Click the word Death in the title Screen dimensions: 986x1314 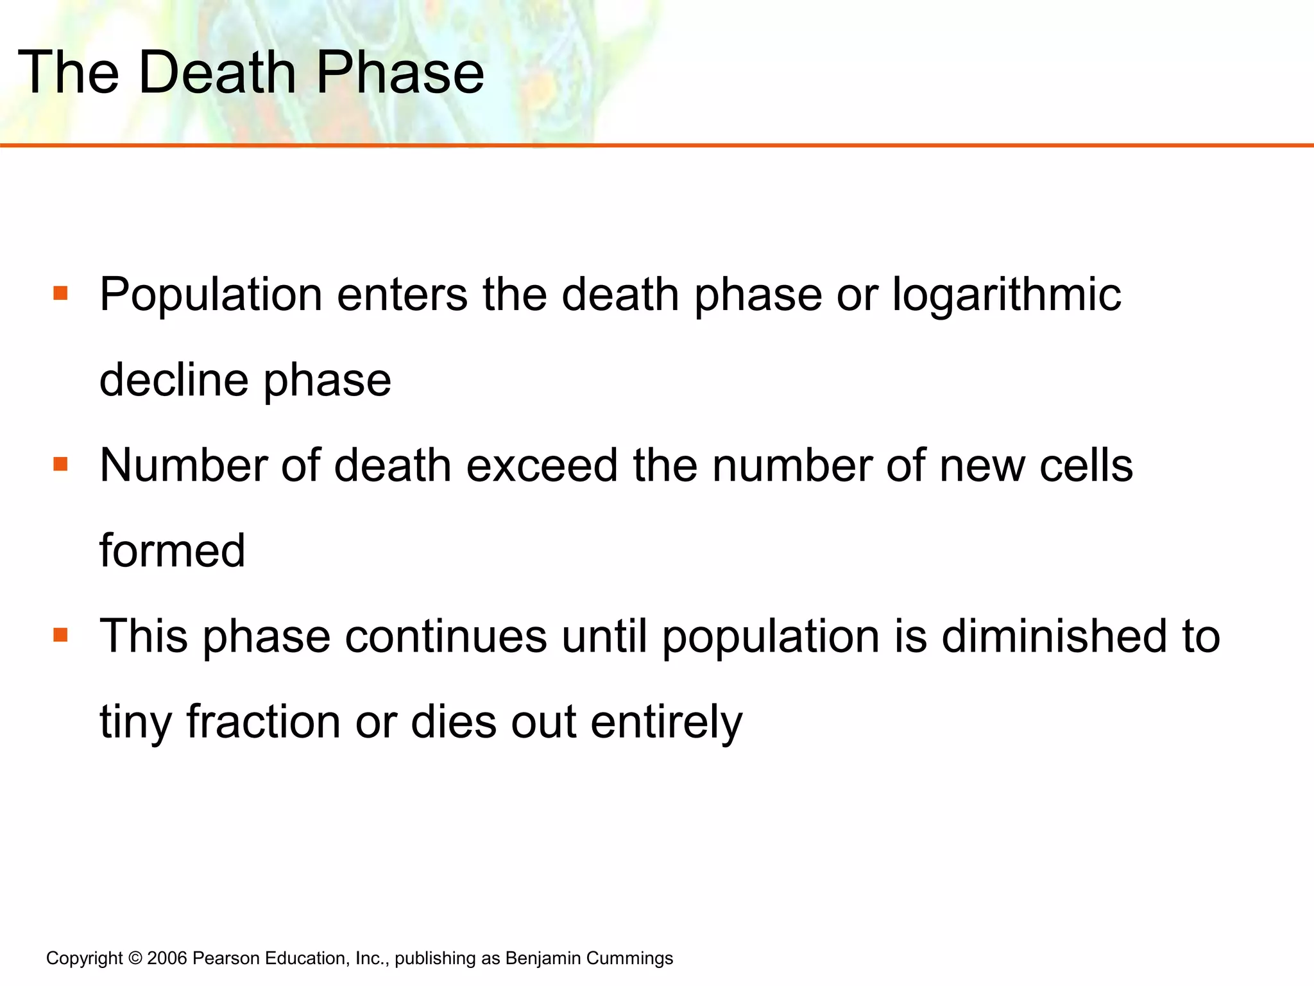click(x=217, y=72)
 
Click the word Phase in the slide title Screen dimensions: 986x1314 click(x=400, y=72)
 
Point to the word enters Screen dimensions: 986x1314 click(x=402, y=295)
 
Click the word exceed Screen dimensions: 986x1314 click(x=542, y=465)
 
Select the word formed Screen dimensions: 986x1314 click(x=173, y=551)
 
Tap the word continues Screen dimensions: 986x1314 click(x=446, y=637)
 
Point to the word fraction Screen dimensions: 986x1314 click(x=264, y=722)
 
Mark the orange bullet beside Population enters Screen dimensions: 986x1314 click(x=61, y=294)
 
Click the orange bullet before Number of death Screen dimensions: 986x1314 click(x=61, y=464)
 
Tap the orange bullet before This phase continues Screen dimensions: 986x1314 click(x=61, y=636)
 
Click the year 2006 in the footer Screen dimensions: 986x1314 click(x=167, y=958)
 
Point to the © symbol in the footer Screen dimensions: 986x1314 click(x=135, y=958)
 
